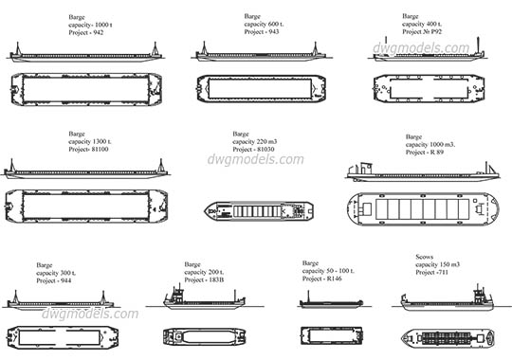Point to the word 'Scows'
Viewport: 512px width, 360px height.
coord(427,257)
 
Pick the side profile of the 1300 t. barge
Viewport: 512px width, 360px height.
coord(85,171)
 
